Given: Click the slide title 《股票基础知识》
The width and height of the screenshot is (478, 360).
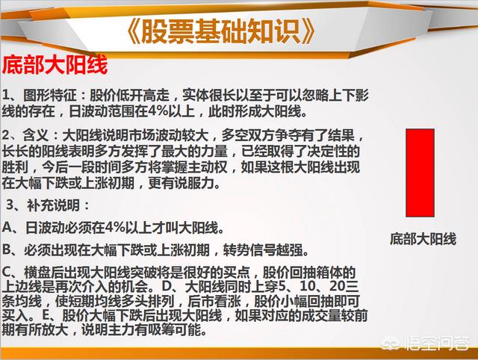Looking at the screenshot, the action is (x=220, y=31).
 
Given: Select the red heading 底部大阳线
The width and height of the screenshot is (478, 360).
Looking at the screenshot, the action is (x=55, y=65).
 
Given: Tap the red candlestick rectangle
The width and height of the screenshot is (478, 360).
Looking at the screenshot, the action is (x=420, y=173).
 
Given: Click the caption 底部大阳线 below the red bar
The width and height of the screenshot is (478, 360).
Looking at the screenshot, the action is (x=423, y=239).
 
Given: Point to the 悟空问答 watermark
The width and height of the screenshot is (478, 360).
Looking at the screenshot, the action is (x=426, y=344).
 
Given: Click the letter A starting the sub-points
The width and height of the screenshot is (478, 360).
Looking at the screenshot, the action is (x=7, y=228).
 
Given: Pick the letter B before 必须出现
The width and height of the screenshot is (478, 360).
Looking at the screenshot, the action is (x=7, y=249).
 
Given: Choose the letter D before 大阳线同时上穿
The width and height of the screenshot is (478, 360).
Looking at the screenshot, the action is (x=167, y=286).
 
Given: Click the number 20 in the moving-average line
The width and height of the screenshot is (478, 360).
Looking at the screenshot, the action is (x=338, y=286).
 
